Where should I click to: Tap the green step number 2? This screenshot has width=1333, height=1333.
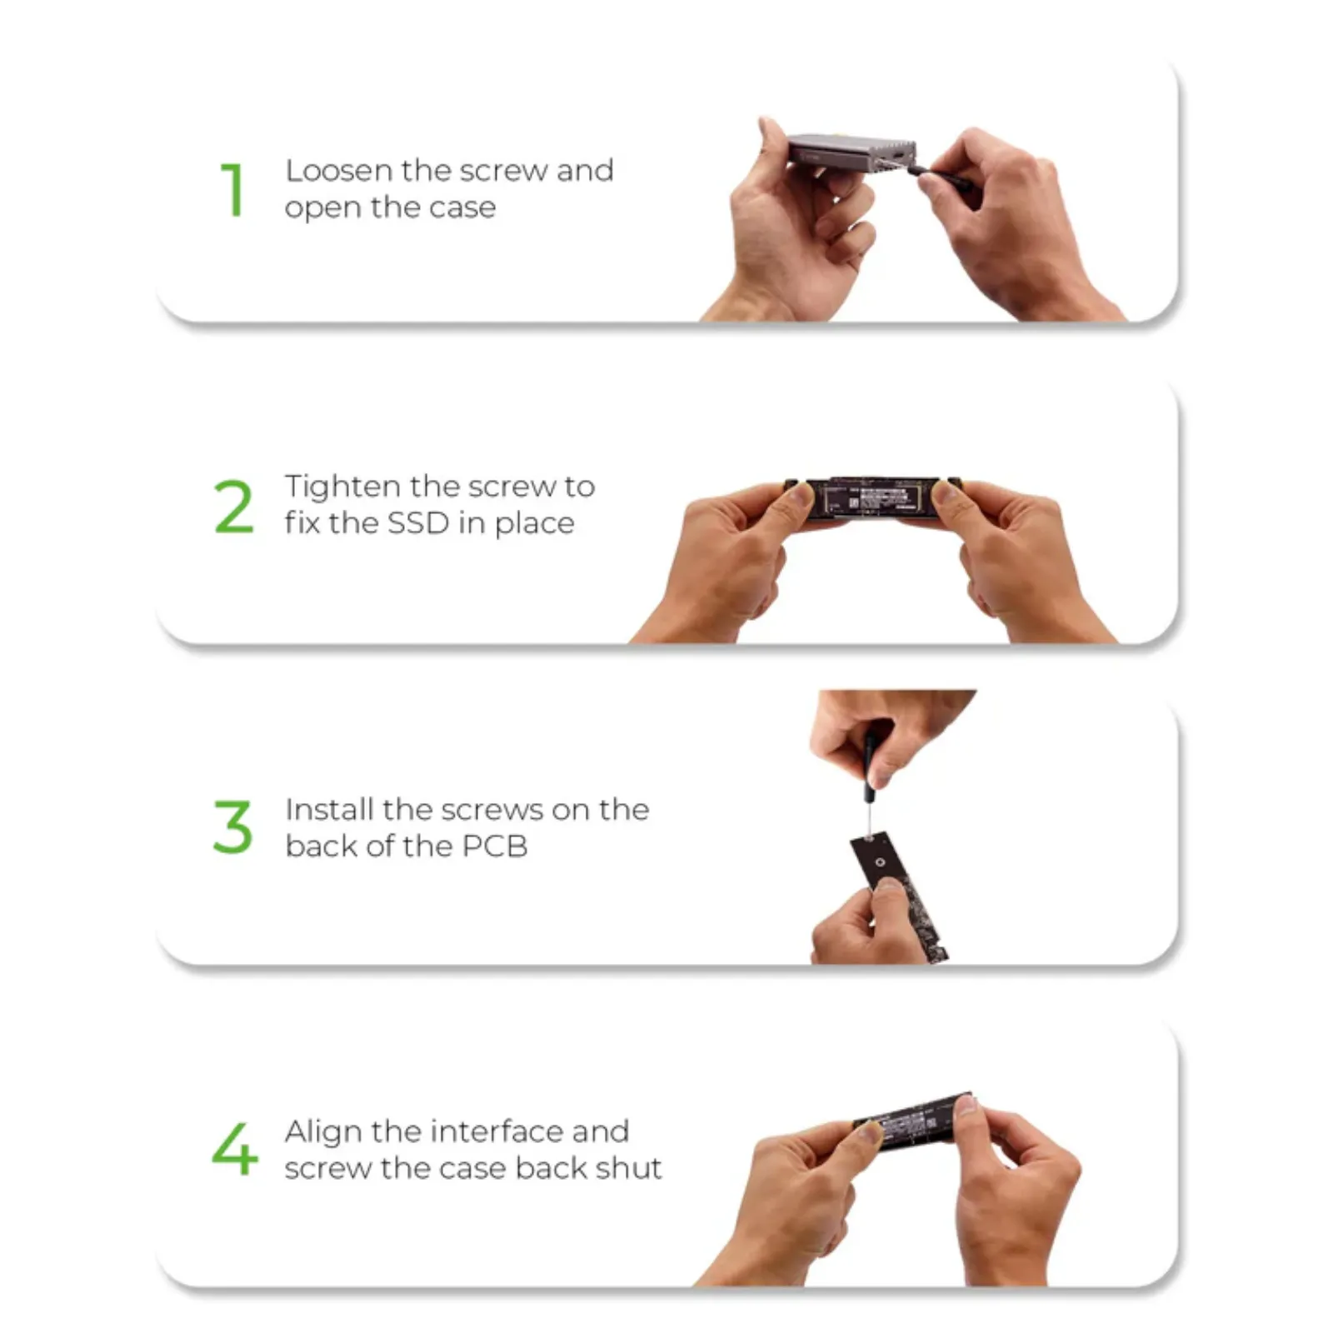point(233,506)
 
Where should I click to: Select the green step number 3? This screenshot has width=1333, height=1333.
point(232,827)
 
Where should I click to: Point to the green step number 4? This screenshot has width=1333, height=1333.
point(234,1149)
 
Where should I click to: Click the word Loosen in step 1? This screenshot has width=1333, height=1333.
point(339,171)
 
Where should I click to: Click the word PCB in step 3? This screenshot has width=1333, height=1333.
point(495,846)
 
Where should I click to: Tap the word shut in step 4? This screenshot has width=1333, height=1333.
point(629,1168)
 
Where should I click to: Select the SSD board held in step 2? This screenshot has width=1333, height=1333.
point(872,500)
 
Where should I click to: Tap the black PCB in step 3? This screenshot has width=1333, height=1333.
point(898,896)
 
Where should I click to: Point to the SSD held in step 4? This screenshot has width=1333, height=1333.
point(915,1121)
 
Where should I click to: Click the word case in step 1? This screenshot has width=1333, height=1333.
point(462,208)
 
